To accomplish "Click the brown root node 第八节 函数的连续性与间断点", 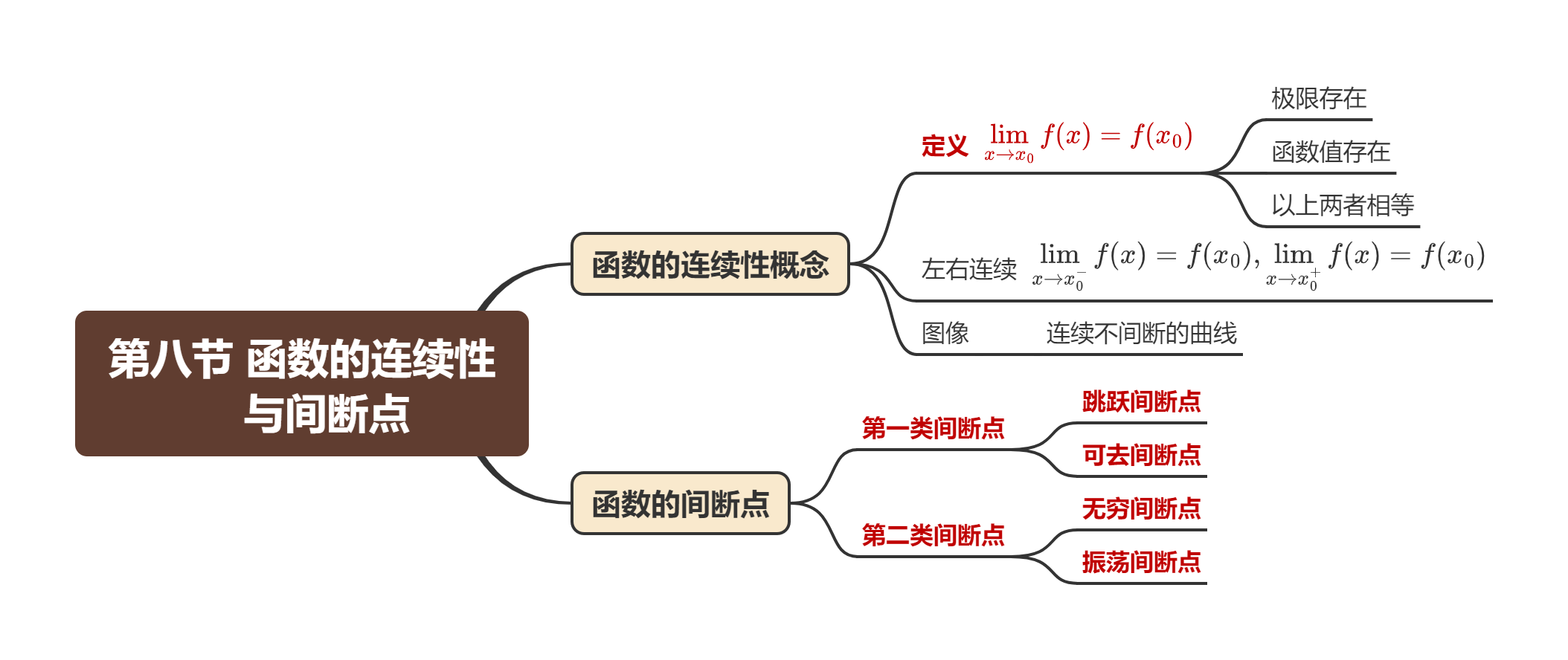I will (301, 384).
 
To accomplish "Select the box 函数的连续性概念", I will (710, 265).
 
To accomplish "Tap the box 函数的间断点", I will (680, 504).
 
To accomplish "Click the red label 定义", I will (945, 146).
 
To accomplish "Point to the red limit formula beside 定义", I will (1090, 140).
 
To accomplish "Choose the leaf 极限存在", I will (1318, 98).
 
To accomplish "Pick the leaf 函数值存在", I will (1330, 152).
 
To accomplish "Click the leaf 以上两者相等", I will (1342, 205).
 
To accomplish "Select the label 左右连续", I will (968, 269).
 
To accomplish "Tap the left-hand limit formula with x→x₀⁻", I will (1143, 262).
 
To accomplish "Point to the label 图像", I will (945, 333).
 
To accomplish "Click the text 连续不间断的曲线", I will (1141, 333).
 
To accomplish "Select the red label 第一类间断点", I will (933, 428).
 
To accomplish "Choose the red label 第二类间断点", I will (933, 535).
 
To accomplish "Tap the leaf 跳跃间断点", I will (1141, 401).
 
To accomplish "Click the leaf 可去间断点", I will (1141, 455).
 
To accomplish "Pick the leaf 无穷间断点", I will (1141, 508).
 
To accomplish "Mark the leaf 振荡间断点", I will (1141, 562).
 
